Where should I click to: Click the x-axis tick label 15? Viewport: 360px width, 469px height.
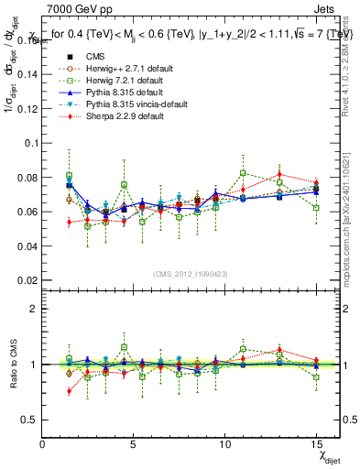[315, 444]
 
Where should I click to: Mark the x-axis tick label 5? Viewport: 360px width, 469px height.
[134, 444]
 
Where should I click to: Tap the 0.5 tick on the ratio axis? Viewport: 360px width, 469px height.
[27, 419]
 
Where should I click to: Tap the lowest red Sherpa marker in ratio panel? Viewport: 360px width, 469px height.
[70, 391]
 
